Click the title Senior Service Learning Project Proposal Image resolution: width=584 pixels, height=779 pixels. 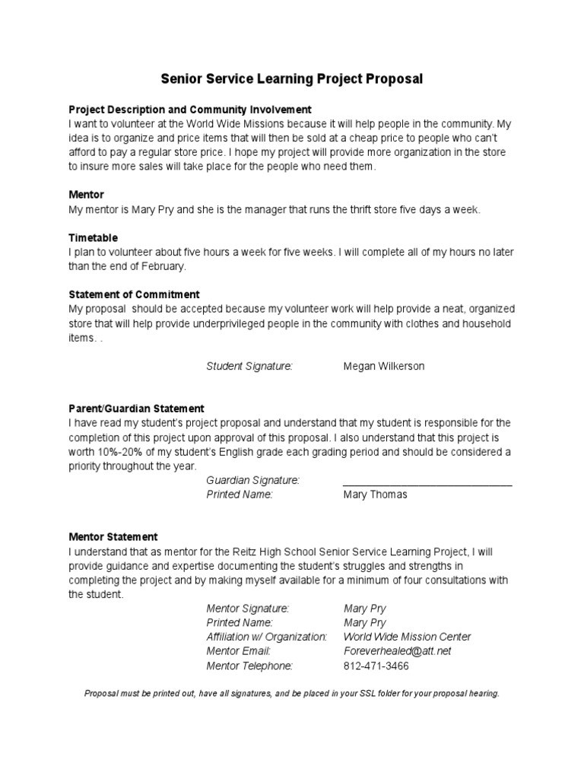pos(291,79)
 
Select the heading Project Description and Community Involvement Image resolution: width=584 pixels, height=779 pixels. pos(190,110)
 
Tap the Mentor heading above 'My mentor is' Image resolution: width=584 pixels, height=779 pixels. pos(86,196)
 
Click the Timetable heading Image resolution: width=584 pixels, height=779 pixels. pos(93,238)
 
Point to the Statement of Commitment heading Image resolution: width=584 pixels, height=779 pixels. pos(134,294)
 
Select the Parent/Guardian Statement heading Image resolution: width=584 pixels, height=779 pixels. pos(136,409)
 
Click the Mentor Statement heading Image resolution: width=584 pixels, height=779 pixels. pos(113,536)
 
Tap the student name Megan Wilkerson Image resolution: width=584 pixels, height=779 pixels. pos(384,366)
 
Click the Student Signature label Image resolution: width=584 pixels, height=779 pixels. pos(249,366)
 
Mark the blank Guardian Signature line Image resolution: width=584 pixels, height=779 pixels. pos(427,483)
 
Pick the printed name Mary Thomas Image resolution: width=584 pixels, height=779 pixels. pos(375,494)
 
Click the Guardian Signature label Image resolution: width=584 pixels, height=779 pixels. pos(252,480)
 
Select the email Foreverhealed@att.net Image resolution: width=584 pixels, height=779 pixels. pos(397,651)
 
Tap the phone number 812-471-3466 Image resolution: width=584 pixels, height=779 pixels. pos(376,666)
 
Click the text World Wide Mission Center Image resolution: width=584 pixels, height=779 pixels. pos(407,637)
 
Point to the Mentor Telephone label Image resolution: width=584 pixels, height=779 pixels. pos(249,666)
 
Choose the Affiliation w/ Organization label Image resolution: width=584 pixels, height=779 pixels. pos(266,637)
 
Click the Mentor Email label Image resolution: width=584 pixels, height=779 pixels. pos(238,651)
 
